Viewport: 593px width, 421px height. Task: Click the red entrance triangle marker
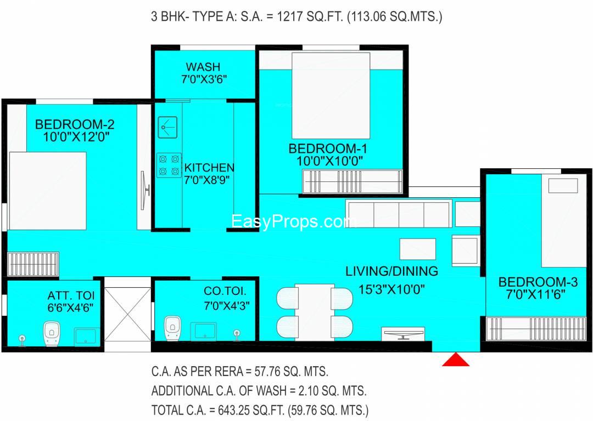click(456, 360)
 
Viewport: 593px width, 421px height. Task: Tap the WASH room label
click(203, 67)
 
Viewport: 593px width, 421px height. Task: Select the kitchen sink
click(167, 127)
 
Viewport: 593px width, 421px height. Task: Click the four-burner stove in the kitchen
click(169, 165)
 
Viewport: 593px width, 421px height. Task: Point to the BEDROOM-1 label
click(327, 149)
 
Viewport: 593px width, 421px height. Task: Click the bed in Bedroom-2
click(48, 191)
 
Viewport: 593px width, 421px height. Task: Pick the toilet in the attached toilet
click(51, 333)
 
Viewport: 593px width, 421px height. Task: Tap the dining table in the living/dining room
click(315, 312)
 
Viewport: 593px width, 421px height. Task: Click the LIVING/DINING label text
click(392, 271)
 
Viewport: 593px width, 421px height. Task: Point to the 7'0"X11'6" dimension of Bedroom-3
click(535, 294)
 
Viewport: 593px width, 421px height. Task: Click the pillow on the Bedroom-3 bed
click(563, 186)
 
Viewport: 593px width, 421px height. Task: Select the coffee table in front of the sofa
click(418, 249)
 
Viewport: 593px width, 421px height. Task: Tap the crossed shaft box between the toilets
click(127, 314)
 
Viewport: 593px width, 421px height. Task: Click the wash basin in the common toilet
click(204, 331)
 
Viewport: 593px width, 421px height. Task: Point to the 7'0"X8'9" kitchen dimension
click(207, 180)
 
